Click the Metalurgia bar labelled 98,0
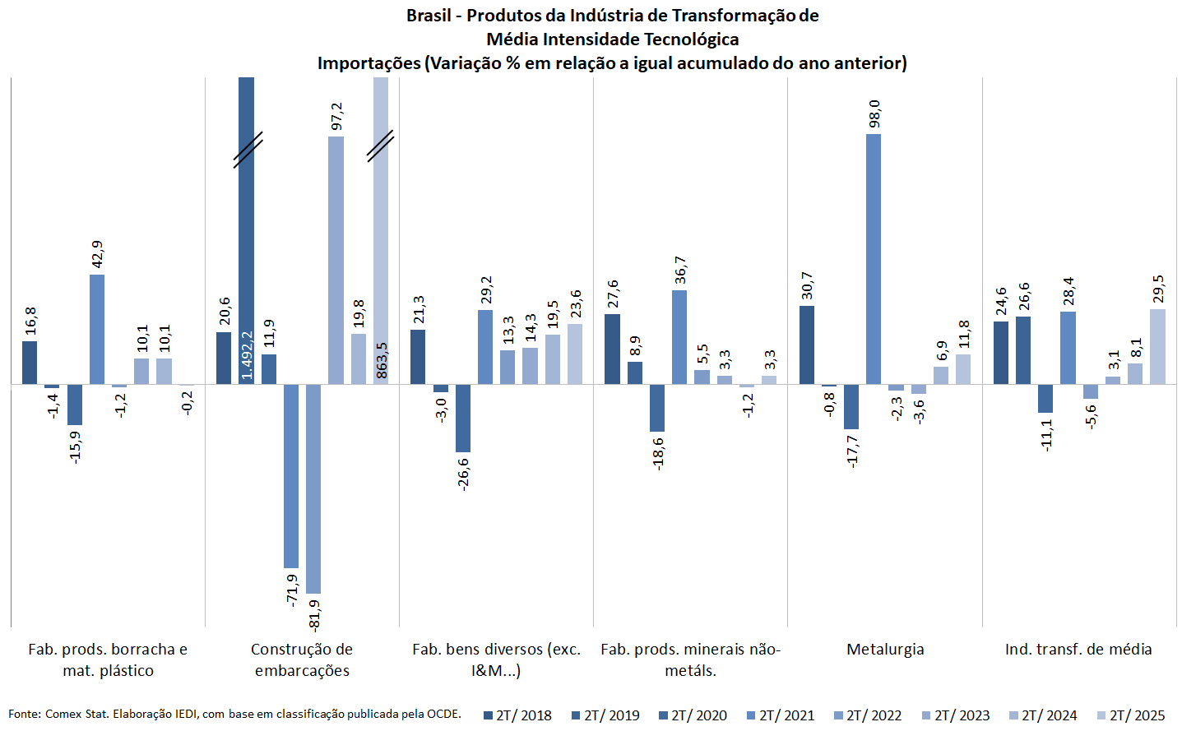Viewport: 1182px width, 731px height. point(874,259)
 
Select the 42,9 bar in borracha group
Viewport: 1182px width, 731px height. point(97,329)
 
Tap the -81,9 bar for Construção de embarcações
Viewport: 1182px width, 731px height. point(313,488)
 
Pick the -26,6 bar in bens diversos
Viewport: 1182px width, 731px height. point(463,418)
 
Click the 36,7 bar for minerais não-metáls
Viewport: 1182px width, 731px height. point(679,337)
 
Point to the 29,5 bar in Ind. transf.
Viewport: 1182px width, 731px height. point(1157,346)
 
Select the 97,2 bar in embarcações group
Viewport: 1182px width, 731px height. point(336,260)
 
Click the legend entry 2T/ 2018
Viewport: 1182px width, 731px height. point(518,715)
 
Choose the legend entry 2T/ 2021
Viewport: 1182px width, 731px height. point(781,715)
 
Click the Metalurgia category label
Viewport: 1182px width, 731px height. point(885,650)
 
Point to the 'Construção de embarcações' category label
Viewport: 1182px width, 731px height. point(302,659)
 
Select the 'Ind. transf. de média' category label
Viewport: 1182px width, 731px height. point(1078,650)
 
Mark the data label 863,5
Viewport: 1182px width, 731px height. point(382,360)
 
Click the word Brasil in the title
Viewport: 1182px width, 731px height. point(428,16)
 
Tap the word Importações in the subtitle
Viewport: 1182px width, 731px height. point(369,63)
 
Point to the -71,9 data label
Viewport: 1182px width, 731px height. point(292,590)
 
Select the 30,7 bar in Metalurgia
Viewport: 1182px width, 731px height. point(807,345)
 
